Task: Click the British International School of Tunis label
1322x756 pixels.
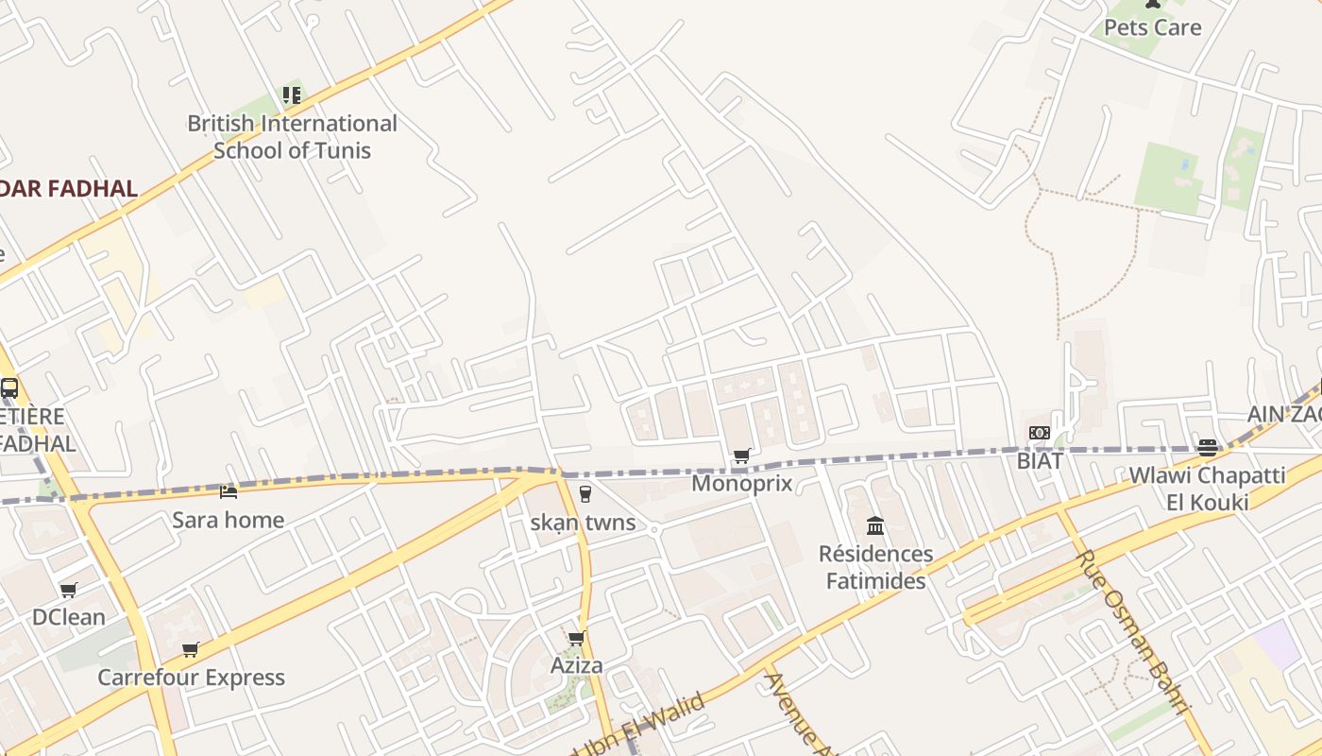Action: [292, 137]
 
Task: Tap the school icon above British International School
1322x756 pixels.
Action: [291, 94]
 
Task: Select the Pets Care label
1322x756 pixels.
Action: [1152, 27]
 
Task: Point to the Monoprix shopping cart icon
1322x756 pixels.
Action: [741, 456]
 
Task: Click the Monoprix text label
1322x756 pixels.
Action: [741, 484]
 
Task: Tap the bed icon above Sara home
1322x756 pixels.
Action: [228, 491]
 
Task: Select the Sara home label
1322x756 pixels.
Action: [228, 520]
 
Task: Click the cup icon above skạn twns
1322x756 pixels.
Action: [585, 493]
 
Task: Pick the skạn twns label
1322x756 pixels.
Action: [583, 523]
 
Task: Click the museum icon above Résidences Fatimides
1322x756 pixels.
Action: [875, 525]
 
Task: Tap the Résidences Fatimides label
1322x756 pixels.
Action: [875, 567]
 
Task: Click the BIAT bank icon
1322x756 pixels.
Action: [1039, 433]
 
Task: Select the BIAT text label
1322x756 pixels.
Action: [1040, 461]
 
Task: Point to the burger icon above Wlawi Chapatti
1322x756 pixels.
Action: [1207, 447]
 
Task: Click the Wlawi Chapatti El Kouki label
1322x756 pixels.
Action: [1207, 488]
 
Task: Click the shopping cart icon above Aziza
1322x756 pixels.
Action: [576, 638]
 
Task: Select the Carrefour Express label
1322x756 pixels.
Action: [191, 678]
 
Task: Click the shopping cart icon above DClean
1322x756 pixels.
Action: [68, 590]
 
